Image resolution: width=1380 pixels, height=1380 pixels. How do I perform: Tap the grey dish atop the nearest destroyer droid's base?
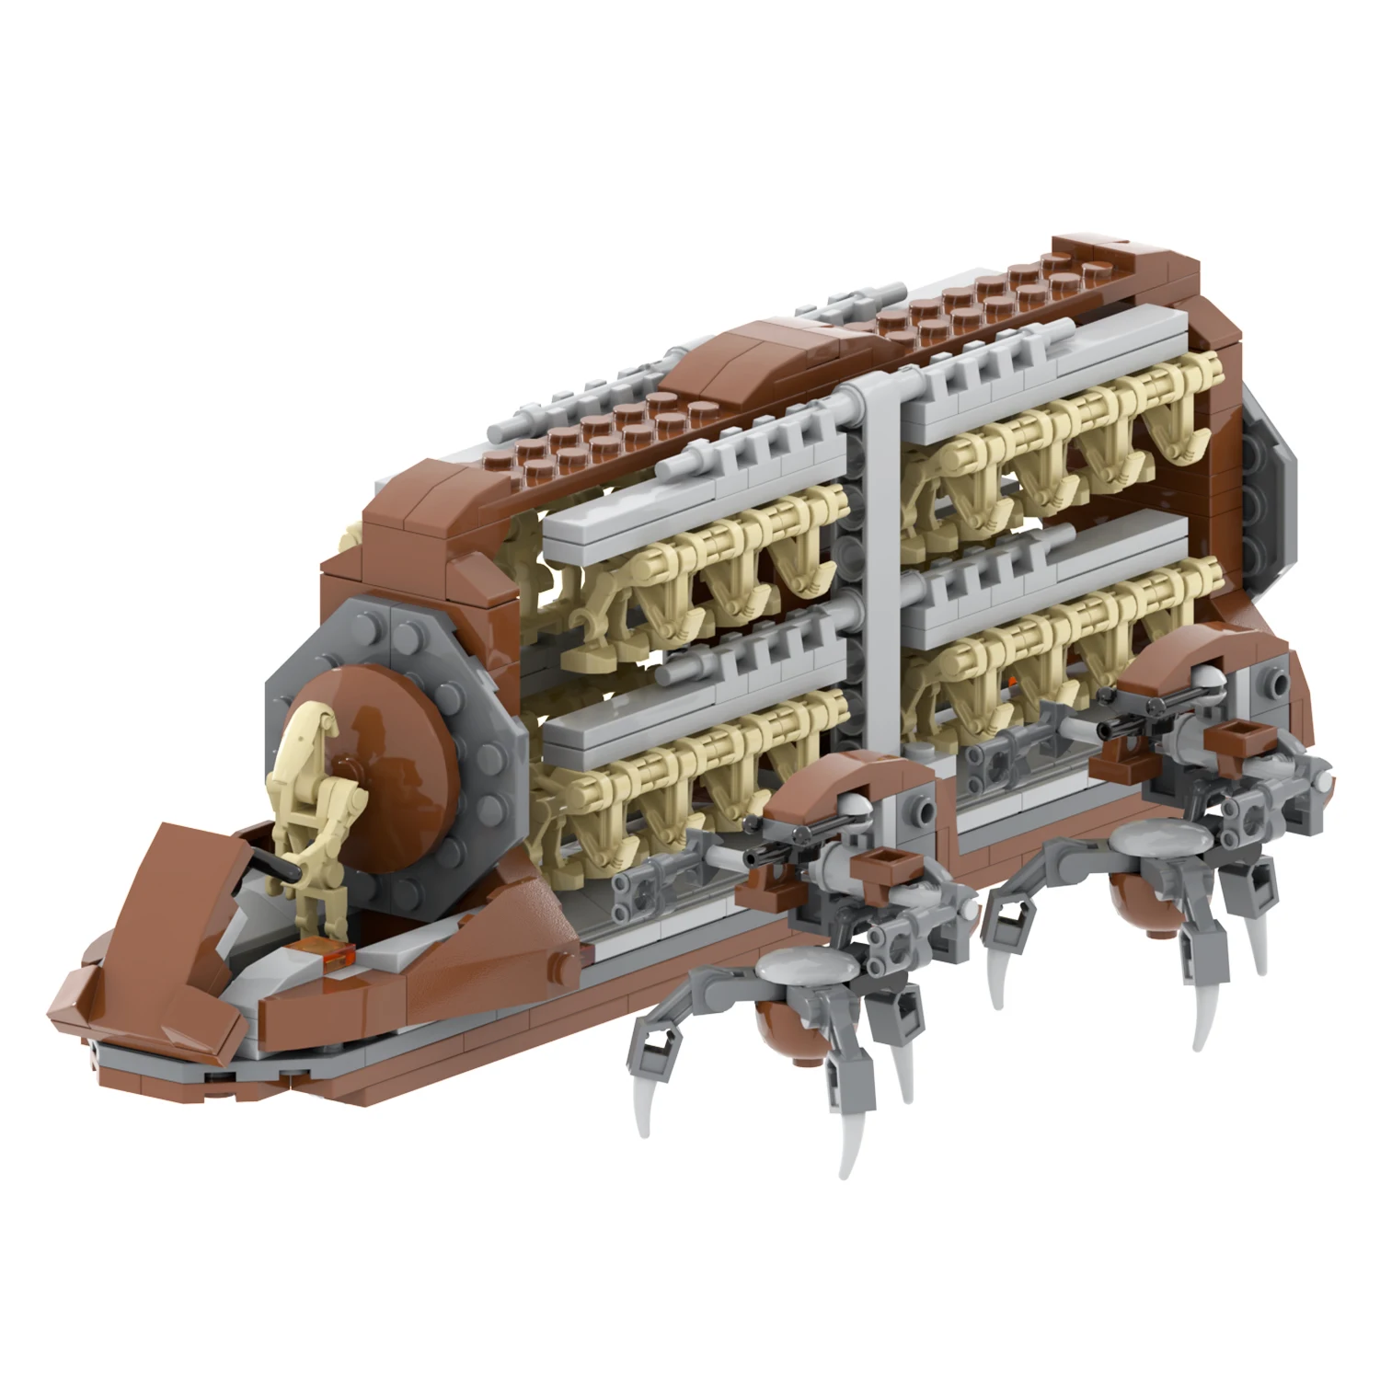coord(799,967)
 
